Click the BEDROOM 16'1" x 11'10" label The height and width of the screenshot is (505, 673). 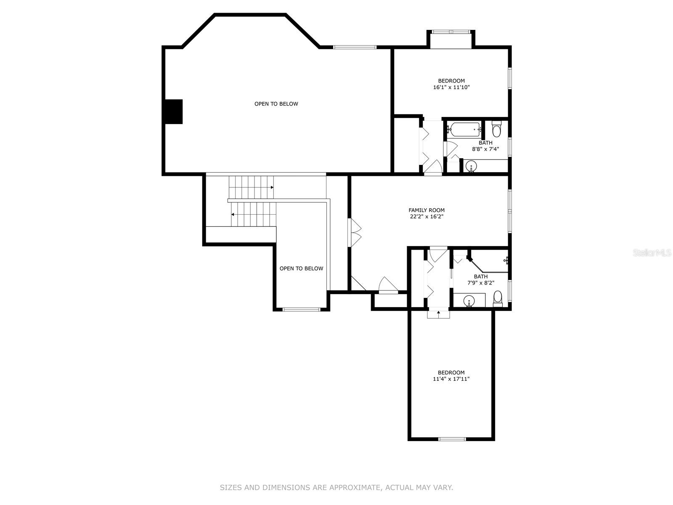point(451,84)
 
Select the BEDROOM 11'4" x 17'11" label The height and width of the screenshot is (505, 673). point(451,376)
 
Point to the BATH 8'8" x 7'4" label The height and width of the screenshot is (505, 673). point(485,146)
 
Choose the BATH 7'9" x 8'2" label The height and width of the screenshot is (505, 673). point(480,279)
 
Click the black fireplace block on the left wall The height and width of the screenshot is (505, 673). point(174,112)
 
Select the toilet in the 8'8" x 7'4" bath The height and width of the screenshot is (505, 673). point(496,129)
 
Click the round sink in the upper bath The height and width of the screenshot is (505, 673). point(471,167)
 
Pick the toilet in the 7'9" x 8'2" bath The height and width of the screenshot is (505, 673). point(498,299)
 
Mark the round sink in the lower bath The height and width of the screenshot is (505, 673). point(469,300)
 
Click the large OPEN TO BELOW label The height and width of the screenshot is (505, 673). point(276,104)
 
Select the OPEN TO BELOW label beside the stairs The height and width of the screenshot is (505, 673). point(301,268)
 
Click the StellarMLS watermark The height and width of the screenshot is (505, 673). point(652,252)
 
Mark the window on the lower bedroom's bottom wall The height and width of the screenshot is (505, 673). point(452,439)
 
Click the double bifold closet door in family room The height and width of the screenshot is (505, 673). point(355,232)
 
